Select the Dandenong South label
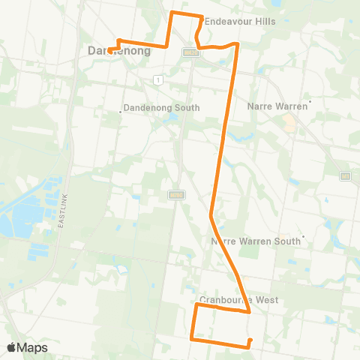(x=160, y=108)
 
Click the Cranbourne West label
(x=239, y=300)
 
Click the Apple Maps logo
(x=27, y=347)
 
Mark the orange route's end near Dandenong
(x=109, y=50)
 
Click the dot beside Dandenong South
(x=121, y=112)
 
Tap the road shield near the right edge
(x=345, y=175)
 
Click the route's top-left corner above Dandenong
(x=173, y=13)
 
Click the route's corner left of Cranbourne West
(x=196, y=304)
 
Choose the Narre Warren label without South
(x=277, y=106)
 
